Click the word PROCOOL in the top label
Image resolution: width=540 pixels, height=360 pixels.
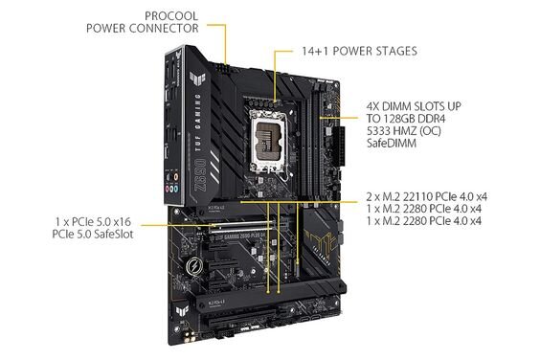tap(173, 15)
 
